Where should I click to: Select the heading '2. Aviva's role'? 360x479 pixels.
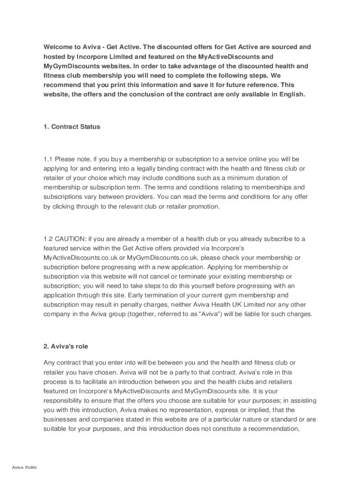coord(65,347)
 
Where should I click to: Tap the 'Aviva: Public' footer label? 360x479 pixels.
coord(25,467)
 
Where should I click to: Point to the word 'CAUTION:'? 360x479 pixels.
coord(72,239)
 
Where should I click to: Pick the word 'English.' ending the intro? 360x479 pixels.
coord(291,94)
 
